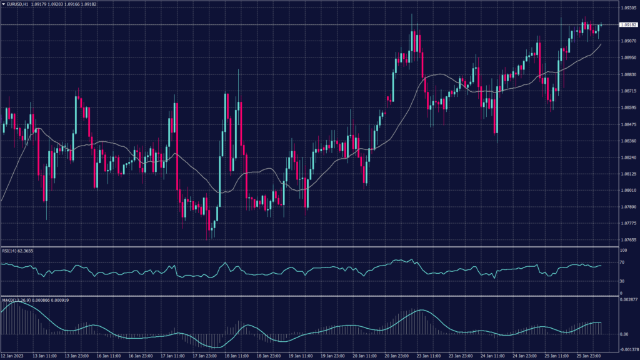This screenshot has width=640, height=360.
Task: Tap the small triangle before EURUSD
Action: tap(4, 4)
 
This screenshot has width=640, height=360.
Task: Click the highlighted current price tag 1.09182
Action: tap(627, 25)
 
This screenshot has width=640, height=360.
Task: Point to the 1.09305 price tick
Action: tap(627, 8)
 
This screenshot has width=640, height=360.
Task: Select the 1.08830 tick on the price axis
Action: tap(627, 74)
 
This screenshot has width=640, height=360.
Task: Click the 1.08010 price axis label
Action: tap(627, 191)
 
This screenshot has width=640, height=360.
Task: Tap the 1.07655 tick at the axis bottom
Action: tap(627, 240)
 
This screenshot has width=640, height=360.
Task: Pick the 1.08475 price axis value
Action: tap(627, 124)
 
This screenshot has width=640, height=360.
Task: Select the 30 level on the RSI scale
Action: tap(622, 281)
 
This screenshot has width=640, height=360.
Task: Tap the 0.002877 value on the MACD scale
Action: tap(627, 301)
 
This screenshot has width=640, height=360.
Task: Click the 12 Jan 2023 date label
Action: tap(12, 356)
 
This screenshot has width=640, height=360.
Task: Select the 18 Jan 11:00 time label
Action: tap(236, 356)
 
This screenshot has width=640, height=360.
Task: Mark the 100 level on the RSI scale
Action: tap(622, 250)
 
